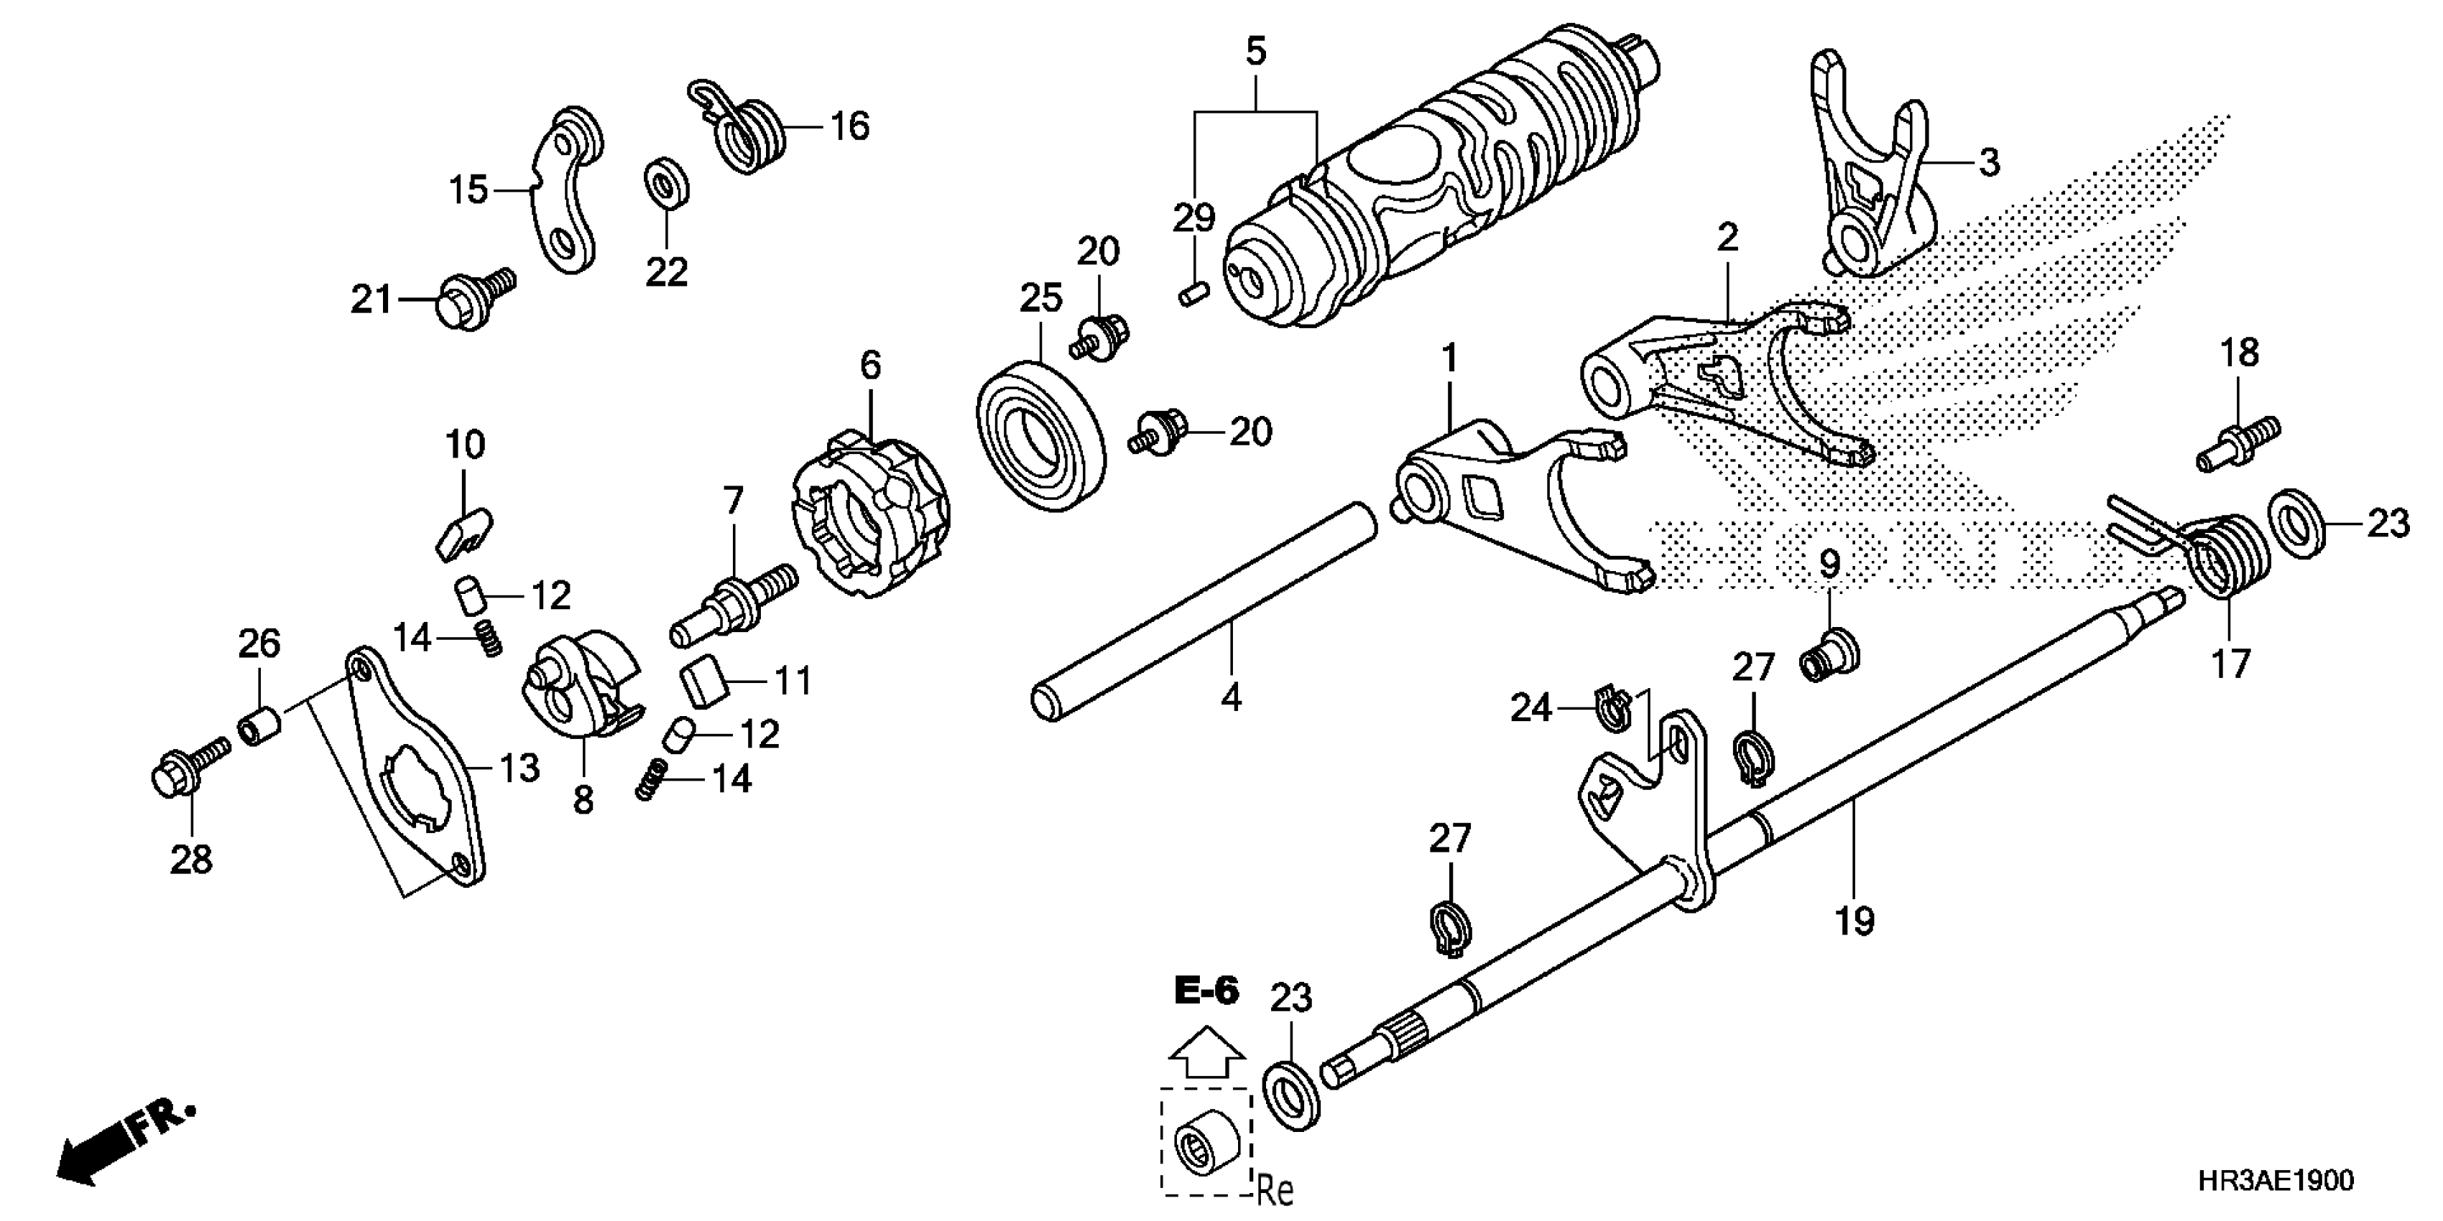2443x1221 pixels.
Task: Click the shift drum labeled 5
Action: tap(1441, 190)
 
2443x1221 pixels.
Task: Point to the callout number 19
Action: tap(1854, 921)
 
